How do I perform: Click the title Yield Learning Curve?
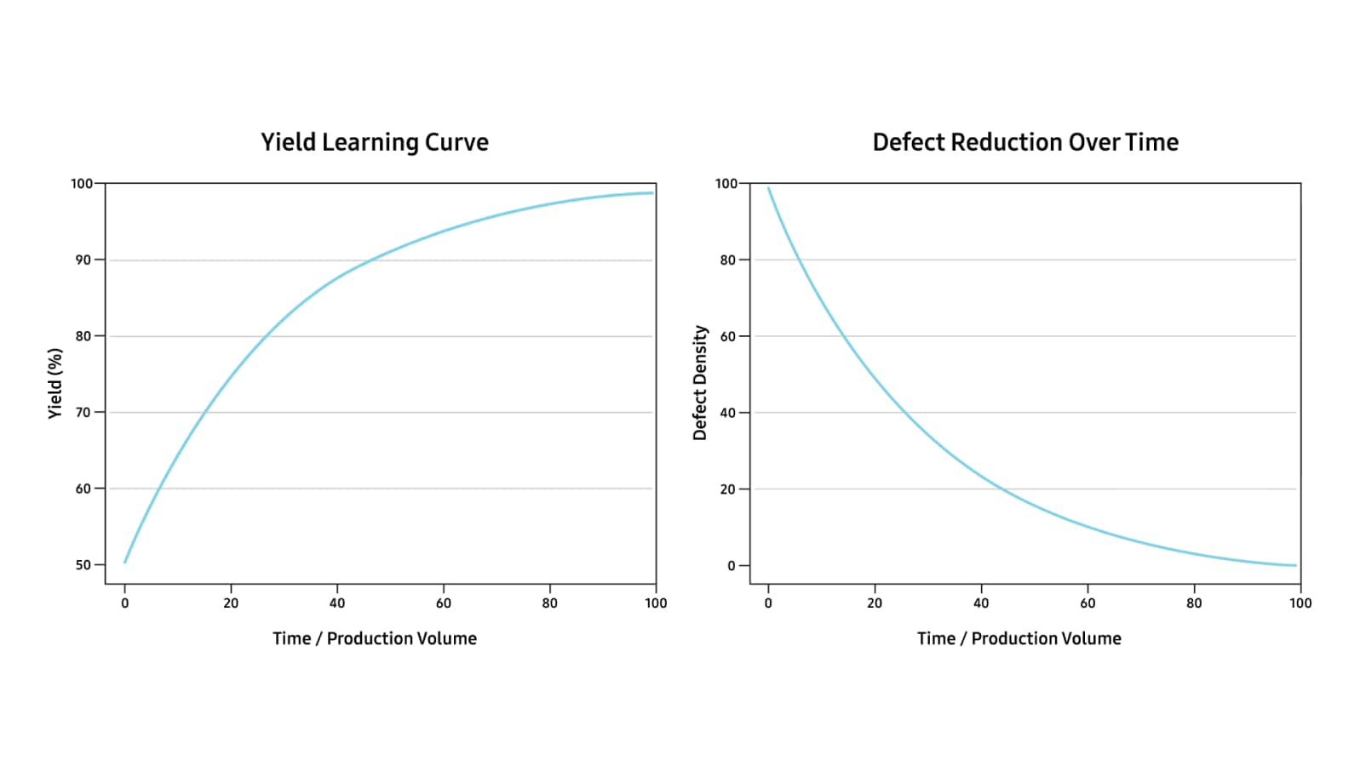coord(375,142)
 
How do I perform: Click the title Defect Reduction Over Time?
coord(1025,142)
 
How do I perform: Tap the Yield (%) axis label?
coord(55,383)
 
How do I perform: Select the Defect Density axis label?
coord(700,383)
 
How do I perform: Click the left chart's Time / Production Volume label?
coord(375,638)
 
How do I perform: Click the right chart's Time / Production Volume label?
coord(1019,638)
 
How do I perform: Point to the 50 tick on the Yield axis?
coord(83,565)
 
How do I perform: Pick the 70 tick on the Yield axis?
coord(83,413)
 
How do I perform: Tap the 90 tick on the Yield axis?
coord(83,260)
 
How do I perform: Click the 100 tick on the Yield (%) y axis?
coord(81,184)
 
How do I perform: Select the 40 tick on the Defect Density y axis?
coord(727,413)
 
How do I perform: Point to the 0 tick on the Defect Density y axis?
coord(732,566)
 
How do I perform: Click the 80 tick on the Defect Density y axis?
coord(727,260)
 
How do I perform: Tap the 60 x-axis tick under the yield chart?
coord(444,603)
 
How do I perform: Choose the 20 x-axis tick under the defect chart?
coord(875,603)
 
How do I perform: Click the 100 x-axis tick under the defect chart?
coord(1300,603)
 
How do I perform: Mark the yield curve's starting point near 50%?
coord(125,562)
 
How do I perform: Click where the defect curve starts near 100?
coord(768,188)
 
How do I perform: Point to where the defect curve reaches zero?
coord(1294,565)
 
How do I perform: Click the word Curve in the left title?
coord(456,142)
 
